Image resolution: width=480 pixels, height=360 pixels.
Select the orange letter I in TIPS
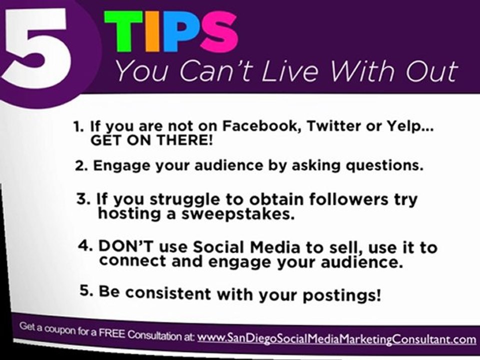point(153,32)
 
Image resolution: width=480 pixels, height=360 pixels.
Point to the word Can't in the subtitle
point(210,71)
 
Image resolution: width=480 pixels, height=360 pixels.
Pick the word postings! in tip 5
point(341,294)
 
